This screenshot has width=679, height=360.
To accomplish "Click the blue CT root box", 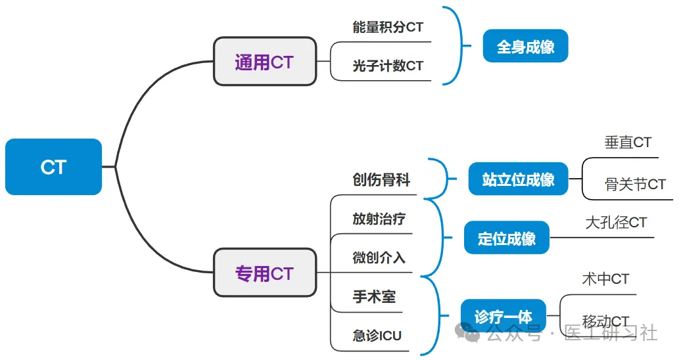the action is click(x=53, y=167).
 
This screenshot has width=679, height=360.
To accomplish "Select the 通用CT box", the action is click(x=265, y=62).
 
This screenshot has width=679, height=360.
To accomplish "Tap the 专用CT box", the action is click(x=265, y=273).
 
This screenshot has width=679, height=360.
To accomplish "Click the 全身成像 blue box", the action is click(x=525, y=46).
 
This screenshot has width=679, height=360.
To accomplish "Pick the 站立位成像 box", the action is click(x=518, y=179).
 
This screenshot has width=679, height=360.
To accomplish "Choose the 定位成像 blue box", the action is click(x=507, y=238).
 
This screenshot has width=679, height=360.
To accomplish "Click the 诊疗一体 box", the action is click(x=503, y=316).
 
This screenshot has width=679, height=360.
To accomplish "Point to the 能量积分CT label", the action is click(x=388, y=27).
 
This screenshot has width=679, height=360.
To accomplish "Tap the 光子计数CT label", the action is click(x=388, y=65).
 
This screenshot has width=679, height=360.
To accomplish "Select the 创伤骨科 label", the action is click(x=381, y=179).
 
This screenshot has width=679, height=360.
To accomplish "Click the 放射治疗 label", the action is click(x=379, y=219).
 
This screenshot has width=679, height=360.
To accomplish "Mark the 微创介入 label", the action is click(x=379, y=258).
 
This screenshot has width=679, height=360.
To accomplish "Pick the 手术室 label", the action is click(x=374, y=296).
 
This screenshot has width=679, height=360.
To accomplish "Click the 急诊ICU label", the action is click(x=377, y=335).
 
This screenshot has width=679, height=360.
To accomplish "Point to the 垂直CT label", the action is click(x=628, y=142).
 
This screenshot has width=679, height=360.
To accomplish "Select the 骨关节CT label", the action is click(x=635, y=185).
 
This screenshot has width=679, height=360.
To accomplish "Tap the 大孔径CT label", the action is click(x=616, y=223).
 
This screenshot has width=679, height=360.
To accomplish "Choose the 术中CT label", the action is click(x=605, y=279).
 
